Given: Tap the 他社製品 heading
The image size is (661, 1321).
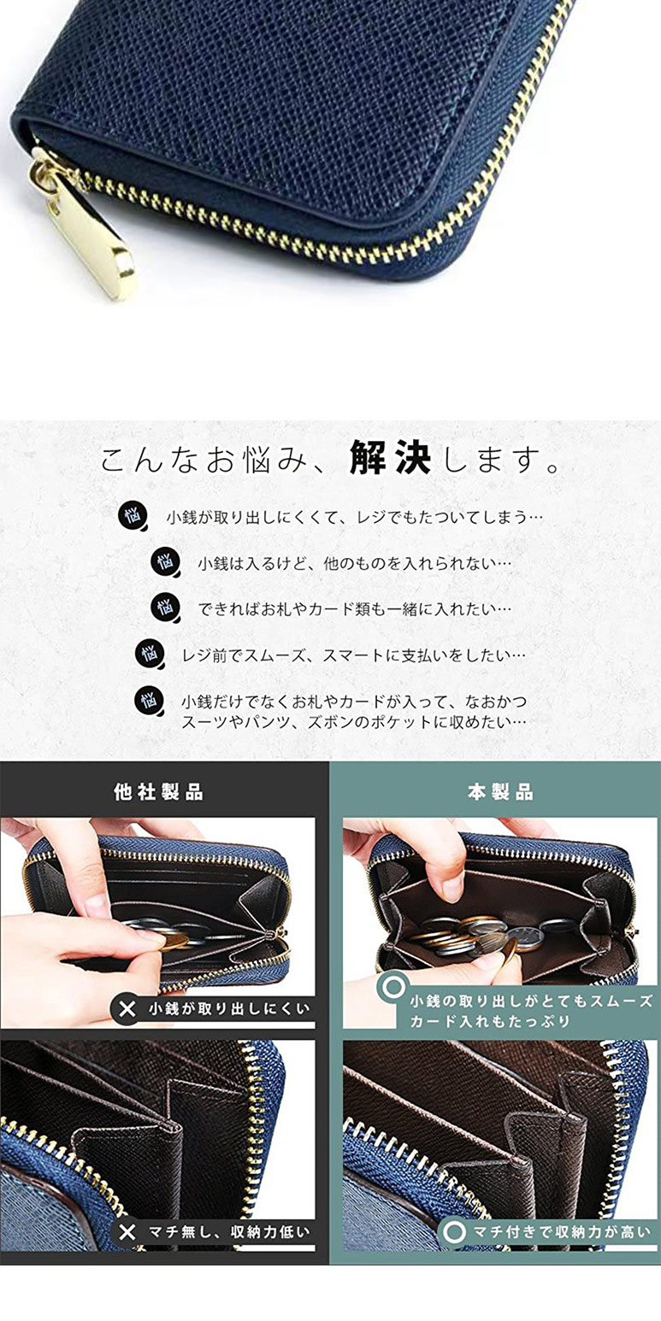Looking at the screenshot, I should [x=159, y=792].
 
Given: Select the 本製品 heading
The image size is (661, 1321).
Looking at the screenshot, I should [x=500, y=792].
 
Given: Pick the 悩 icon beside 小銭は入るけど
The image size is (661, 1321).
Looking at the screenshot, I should [x=165, y=562].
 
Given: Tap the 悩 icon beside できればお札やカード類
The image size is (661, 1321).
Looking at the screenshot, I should [x=165, y=608].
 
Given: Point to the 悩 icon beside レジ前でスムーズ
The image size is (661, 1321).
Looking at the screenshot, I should [x=149, y=655].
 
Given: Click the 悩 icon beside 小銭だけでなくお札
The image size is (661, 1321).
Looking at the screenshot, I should [x=149, y=701].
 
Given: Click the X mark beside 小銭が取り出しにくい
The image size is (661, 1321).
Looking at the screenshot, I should [x=127, y=1009].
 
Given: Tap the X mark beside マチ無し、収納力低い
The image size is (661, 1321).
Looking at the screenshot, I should [x=127, y=1232].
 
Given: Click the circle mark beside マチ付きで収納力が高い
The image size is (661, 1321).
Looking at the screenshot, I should [x=455, y=1232].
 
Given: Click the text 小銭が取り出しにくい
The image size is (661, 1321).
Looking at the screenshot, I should [x=227, y=1009].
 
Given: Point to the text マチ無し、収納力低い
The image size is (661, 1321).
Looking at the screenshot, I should [x=227, y=1232].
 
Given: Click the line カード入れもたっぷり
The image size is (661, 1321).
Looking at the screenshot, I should [x=489, y=1021].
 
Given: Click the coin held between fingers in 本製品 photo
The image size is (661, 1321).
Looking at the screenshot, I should [x=511, y=947].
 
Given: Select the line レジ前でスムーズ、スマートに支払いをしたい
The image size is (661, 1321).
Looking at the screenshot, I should [x=353, y=655].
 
